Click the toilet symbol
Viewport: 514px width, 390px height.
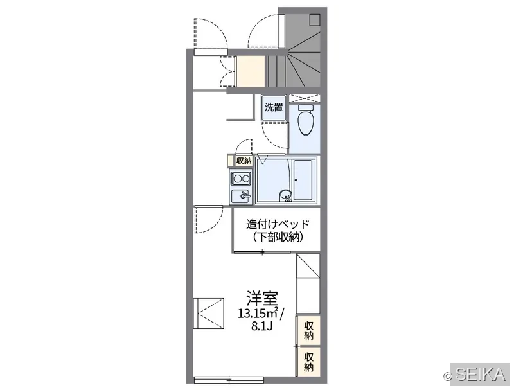pos(306,120)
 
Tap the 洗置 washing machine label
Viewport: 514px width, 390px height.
pos(274,107)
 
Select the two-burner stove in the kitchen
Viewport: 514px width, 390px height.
pos(241,179)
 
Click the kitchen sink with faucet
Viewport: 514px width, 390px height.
pos(241,196)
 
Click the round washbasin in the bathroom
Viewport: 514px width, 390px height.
pos(285,196)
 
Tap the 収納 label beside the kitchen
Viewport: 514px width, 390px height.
pos(244,161)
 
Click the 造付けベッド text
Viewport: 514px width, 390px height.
pos(278,224)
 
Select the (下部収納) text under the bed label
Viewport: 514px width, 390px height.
pos(278,236)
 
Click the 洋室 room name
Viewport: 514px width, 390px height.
pos(262,298)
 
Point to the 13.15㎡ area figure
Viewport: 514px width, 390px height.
pos(258,314)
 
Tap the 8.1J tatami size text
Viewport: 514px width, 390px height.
pos(261,326)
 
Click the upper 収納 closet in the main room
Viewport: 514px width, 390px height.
pos(308,330)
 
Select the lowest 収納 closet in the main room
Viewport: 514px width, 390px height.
pos(308,362)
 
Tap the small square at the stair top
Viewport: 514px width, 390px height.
pos(315,20)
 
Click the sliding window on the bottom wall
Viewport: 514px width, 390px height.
pos(229,379)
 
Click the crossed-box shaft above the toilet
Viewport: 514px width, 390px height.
pos(305,98)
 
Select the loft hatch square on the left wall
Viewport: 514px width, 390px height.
pos(208,313)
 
